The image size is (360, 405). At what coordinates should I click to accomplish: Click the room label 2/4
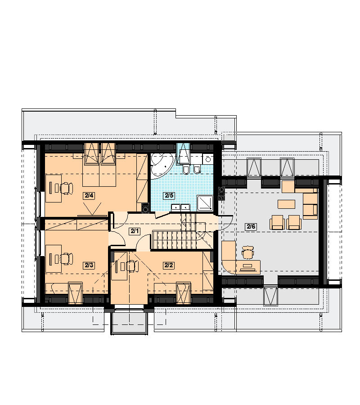(89, 196)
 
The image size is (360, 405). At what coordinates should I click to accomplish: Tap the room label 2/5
(169, 196)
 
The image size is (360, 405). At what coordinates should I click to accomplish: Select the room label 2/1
(135, 231)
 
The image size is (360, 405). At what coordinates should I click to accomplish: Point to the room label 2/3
(89, 265)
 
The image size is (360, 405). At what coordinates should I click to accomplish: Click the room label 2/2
(169, 265)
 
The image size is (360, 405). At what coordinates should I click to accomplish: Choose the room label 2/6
(251, 227)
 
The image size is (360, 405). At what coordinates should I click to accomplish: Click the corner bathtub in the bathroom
(161, 165)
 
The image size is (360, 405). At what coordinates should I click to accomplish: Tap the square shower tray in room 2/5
(205, 202)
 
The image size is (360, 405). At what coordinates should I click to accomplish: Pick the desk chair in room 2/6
(247, 252)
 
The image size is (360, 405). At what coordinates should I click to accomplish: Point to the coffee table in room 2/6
(286, 204)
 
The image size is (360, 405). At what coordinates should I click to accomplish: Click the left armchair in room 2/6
(277, 223)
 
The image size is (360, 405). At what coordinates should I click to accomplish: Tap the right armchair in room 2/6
(294, 223)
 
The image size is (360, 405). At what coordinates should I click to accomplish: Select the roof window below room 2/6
(271, 296)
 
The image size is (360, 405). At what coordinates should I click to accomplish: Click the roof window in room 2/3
(76, 293)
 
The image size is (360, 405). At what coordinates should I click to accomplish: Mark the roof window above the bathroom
(183, 154)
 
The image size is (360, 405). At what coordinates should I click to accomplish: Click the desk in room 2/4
(54, 188)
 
